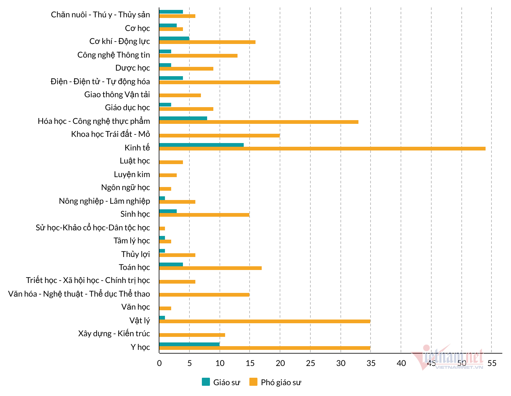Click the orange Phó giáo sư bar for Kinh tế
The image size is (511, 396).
322,149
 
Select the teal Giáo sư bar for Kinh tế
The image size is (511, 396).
201,145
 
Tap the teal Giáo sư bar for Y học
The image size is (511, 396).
189,344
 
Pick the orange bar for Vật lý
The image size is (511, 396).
264,321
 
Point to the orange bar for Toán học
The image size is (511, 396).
210,268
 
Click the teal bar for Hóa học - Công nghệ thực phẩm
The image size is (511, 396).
183,118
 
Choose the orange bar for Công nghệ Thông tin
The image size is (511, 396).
198,56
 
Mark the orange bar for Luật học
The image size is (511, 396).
171,162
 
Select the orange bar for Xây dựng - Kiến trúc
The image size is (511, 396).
192,335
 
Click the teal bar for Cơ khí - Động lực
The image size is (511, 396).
174,38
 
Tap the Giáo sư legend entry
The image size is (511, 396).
221,382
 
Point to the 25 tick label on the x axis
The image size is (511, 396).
310,363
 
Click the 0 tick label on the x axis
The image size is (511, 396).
159,363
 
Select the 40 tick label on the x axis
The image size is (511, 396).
401,363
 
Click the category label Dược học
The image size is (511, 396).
132,68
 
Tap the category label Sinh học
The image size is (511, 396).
135,214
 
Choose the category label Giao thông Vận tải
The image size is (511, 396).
117,94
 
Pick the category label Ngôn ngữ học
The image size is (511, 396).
125,187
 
